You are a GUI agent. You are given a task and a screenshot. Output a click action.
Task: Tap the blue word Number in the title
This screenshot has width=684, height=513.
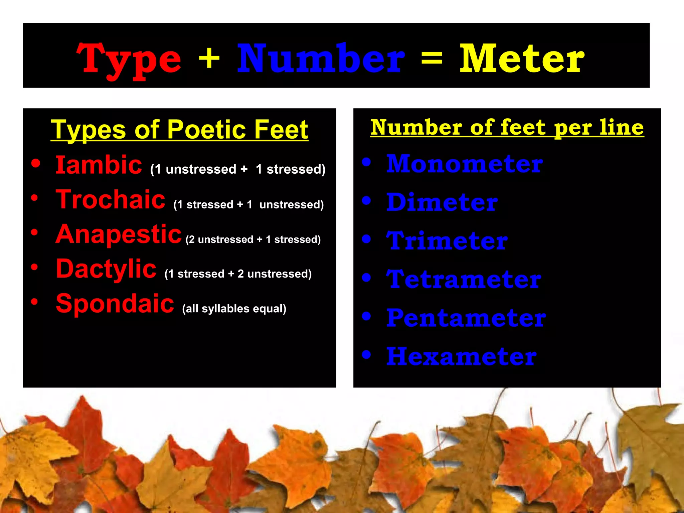click(x=321, y=59)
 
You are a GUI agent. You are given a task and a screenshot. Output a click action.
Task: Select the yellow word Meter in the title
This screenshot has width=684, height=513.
click(x=522, y=59)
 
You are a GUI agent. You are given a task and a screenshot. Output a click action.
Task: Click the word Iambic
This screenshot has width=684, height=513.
click(x=99, y=165)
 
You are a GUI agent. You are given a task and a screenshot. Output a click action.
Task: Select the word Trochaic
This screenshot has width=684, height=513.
click(x=110, y=199)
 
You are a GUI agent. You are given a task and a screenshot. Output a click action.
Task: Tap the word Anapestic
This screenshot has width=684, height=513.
click(x=118, y=234)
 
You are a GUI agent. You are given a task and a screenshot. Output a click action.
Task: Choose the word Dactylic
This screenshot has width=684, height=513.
click(x=106, y=269)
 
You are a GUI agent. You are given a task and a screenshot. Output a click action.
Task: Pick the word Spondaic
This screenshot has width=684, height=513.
click(x=115, y=304)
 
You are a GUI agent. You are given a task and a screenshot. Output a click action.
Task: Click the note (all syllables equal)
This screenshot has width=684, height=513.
click(x=234, y=309)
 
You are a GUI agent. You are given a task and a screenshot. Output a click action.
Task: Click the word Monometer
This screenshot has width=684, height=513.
click(x=465, y=164)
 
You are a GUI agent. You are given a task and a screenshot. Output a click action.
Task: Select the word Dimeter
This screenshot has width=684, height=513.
click(x=442, y=202)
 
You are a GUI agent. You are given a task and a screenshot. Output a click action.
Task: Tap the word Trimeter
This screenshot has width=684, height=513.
click(x=447, y=241)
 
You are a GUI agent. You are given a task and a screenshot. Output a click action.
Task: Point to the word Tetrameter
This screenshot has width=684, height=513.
click(x=464, y=279)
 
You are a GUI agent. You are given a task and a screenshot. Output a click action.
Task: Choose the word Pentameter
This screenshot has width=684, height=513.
click(x=466, y=318)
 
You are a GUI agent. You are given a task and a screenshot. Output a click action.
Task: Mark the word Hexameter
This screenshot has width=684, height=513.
click(x=461, y=356)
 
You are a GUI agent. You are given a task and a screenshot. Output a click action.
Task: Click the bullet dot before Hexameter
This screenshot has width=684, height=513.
click(x=366, y=354)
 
